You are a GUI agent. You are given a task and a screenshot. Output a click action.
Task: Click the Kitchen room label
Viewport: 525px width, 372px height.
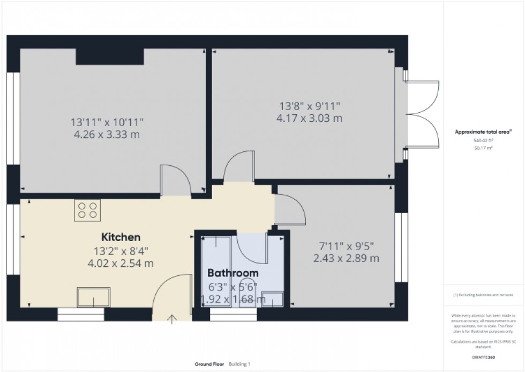point(121,237)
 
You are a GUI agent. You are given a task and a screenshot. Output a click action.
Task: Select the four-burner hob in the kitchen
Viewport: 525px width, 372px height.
point(88,209)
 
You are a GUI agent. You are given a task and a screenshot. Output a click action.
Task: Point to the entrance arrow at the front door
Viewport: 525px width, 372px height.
point(172,320)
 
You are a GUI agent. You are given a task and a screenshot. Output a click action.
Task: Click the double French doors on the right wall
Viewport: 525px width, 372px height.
point(423,114)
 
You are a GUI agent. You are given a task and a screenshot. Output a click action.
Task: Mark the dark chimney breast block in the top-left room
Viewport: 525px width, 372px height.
point(110,56)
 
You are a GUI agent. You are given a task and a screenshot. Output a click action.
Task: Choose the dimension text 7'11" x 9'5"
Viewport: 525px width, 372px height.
point(347,247)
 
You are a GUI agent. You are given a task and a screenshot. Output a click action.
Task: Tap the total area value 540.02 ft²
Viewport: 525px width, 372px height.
point(484,140)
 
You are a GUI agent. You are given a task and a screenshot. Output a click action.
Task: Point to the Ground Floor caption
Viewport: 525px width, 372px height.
point(210,363)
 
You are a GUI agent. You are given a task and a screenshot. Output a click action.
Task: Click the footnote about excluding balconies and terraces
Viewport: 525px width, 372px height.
point(484,295)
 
